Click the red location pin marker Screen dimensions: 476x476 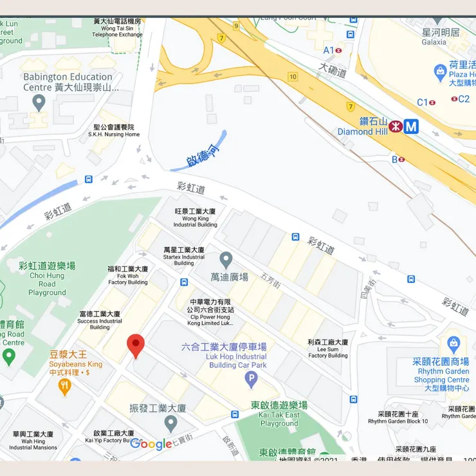point(135,345)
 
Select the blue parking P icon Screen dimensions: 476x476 point(252,380)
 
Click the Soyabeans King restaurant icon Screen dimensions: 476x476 point(64,386)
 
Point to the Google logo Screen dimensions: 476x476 point(151,444)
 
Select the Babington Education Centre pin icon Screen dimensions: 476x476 point(39,102)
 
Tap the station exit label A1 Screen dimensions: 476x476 point(328,50)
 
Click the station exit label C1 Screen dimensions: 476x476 point(423,102)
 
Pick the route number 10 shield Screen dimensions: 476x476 point(293,77)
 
